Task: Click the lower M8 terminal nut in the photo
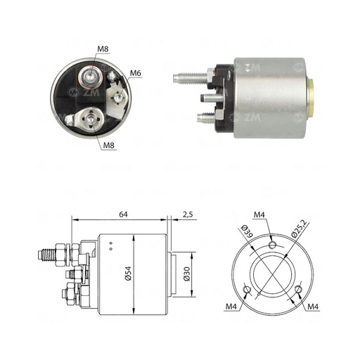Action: [89, 120]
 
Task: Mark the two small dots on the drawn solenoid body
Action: [110, 246]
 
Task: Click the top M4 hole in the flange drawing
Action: [271, 245]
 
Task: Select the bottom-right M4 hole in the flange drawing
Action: [299, 290]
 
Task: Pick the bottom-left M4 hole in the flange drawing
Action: [244, 290]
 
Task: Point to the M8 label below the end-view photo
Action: [109, 146]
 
